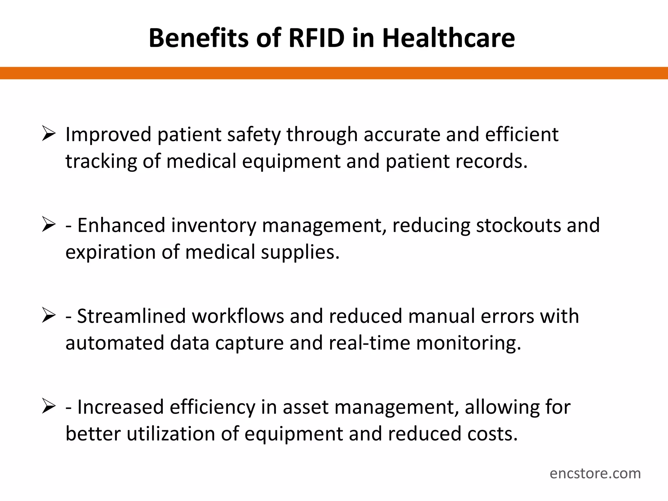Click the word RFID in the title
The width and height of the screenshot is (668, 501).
[x=316, y=38]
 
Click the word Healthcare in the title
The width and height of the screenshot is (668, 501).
[x=448, y=38]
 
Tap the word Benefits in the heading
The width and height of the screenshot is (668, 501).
[x=199, y=38]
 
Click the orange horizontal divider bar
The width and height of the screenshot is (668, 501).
[x=334, y=73]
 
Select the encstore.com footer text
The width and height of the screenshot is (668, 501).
[x=595, y=473]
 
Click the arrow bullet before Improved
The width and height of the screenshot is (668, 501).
[x=49, y=134]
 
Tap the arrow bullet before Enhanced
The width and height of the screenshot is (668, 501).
[x=49, y=225]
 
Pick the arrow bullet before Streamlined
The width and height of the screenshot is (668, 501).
[x=49, y=316]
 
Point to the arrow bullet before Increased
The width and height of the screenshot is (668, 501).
[x=49, y=407]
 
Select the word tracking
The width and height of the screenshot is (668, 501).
[x=101, y=162]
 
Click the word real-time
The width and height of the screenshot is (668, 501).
[x=369, y=343]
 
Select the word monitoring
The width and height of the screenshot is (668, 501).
[x=468, y=344]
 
